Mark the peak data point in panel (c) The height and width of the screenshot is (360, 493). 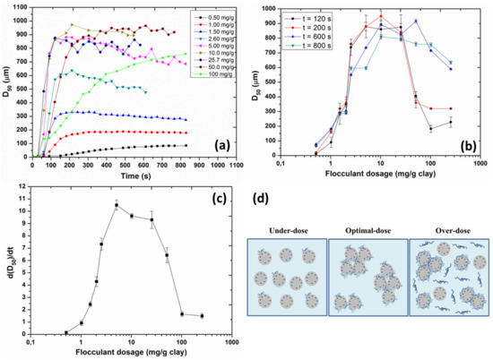point(116,205)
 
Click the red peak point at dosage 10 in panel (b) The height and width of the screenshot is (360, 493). point(381,16)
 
